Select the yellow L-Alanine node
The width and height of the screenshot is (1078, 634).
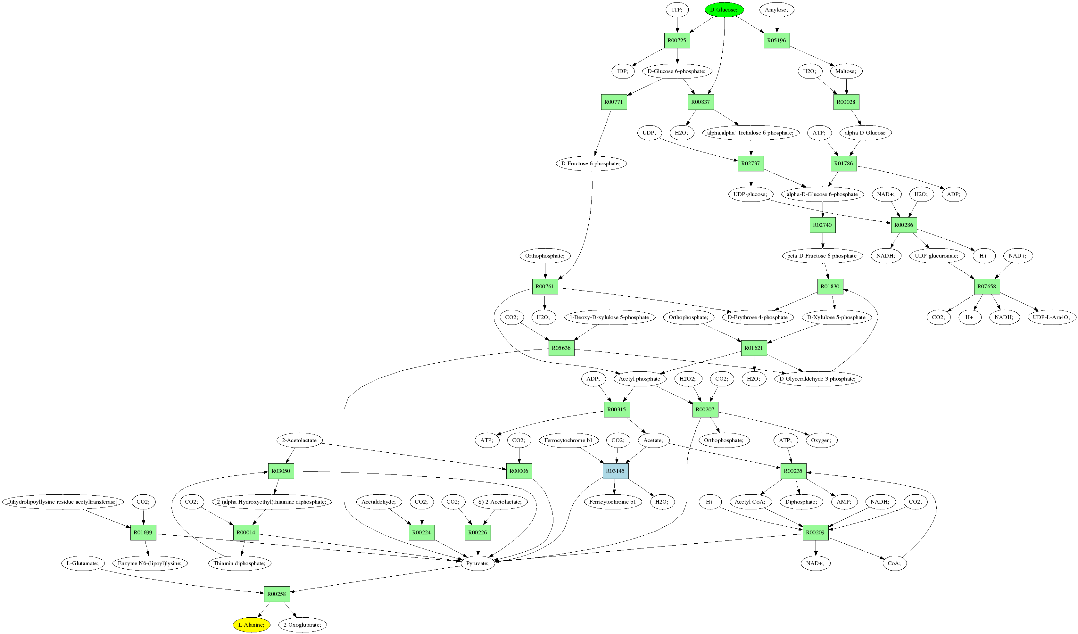click(x=252, y=625)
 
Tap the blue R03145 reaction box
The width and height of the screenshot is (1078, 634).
click(x=615, y=471)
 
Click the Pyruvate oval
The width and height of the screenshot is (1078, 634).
click(x=477, y=564)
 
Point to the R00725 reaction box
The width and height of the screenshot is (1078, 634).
click(x=677, y=41)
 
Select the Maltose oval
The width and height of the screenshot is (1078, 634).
click(x=846, y=71)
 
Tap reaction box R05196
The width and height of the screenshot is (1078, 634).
click(x=776, y=41)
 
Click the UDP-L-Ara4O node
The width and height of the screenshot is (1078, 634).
click(x=1051, y=317)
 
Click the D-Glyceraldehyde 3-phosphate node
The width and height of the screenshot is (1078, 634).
click(x=817, y=379)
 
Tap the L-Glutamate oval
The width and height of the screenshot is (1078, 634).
click(x=83, y=564)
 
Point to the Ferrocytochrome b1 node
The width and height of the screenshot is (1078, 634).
click(x=568, y=440)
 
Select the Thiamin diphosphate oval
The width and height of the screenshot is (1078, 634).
click(x=240, y=564)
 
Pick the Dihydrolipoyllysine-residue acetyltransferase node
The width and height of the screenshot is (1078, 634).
click(x=62, y=502)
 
